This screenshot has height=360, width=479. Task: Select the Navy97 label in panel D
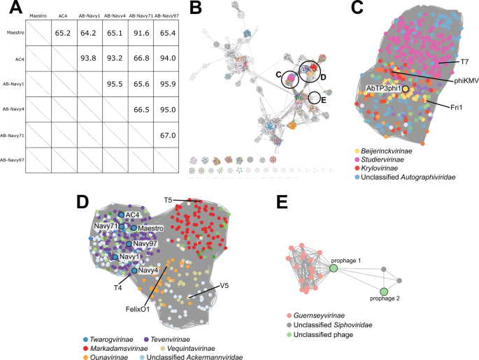pyautogui.click(x=144, y=243)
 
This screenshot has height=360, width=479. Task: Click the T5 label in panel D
pyautogui.click(x=168, y=200)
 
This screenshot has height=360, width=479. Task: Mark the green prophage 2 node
pyautogui.click(x=383, y=291)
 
